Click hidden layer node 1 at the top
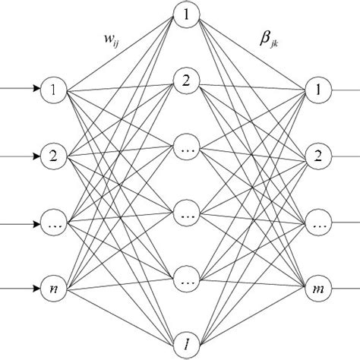[185, 14]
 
